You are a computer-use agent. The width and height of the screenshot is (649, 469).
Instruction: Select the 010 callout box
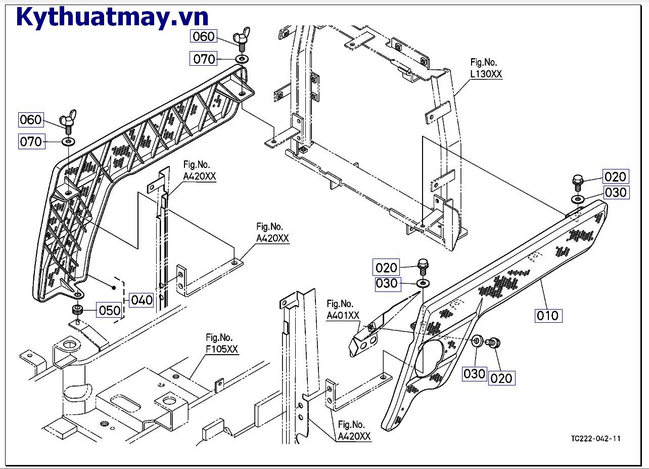[548, 316]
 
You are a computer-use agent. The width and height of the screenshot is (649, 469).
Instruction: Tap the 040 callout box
[142, 300]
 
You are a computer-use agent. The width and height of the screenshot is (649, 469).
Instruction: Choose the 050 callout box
[109, 310]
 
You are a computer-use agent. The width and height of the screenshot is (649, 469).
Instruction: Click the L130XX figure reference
[486, 74]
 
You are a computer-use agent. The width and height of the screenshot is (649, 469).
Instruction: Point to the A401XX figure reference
[343, 315]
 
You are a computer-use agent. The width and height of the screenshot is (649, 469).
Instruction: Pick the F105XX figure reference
[221, 349]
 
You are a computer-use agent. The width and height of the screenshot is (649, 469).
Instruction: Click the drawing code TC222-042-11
[596, 438]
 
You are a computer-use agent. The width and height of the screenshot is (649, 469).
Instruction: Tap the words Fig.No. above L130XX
[484, 62]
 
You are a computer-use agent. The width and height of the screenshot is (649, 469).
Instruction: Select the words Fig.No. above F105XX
[219, 337]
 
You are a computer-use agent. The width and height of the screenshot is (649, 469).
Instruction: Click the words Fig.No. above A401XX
[340, 304]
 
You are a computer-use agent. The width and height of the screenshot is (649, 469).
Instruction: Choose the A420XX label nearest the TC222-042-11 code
[354, 436]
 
